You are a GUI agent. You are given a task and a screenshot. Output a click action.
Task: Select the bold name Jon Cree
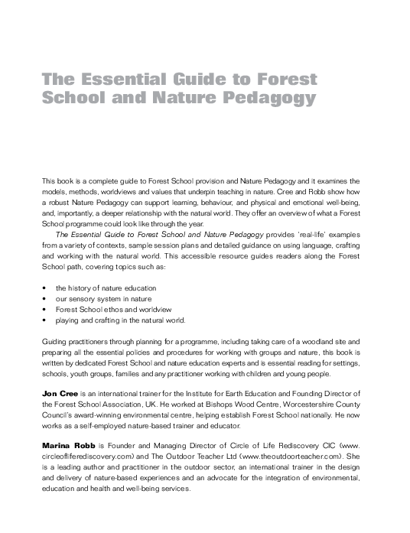pyautogui.click(x=57, y=392)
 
